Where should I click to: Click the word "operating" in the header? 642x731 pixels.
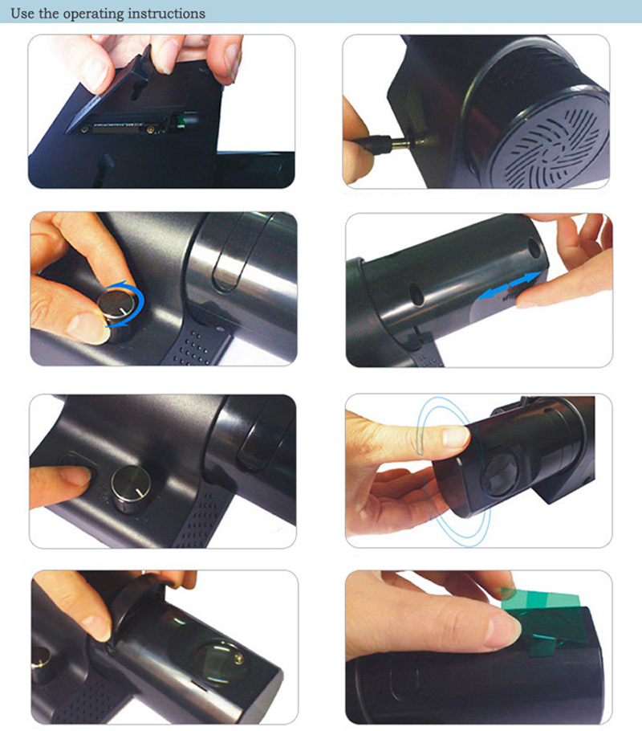(95, 14)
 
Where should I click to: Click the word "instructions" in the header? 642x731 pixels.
(166, 13)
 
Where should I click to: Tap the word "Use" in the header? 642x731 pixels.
(22, 13)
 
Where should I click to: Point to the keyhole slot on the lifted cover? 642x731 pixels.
(137, 88)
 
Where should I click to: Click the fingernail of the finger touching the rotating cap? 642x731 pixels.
(455, 437)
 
